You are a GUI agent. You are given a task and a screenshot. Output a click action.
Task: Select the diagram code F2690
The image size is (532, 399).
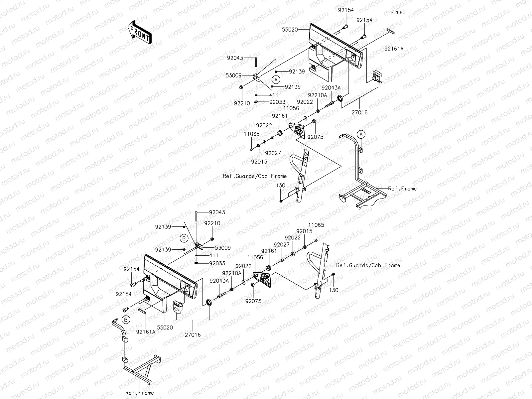[x=398, y=13]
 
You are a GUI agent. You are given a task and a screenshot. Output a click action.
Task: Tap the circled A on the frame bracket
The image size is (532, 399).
[x=361, y=134]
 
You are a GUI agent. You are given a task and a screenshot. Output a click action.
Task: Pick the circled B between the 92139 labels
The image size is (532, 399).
[x=184, y=238]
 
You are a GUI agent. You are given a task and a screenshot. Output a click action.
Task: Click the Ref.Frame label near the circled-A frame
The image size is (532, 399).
[x=402, y=189]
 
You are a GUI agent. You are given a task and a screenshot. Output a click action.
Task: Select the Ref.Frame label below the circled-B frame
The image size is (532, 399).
[x=139, y=393]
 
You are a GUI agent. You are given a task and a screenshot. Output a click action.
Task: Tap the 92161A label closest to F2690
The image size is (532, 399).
[x=394, y=49]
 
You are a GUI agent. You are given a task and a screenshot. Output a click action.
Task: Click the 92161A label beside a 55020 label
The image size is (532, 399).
[x=145, y=331]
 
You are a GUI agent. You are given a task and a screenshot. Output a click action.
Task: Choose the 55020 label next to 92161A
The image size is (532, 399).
[x=166, y=328]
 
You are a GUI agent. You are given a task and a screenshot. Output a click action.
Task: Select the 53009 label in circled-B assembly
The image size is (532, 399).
[x=222, y=248]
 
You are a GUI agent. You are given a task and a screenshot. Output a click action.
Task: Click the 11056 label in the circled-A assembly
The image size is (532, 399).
[x=291, y=108]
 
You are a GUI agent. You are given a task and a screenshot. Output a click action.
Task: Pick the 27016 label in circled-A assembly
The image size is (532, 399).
[x=359, y=112]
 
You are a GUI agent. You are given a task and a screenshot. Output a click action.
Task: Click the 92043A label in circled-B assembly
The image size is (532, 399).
[x=219, y=281]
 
